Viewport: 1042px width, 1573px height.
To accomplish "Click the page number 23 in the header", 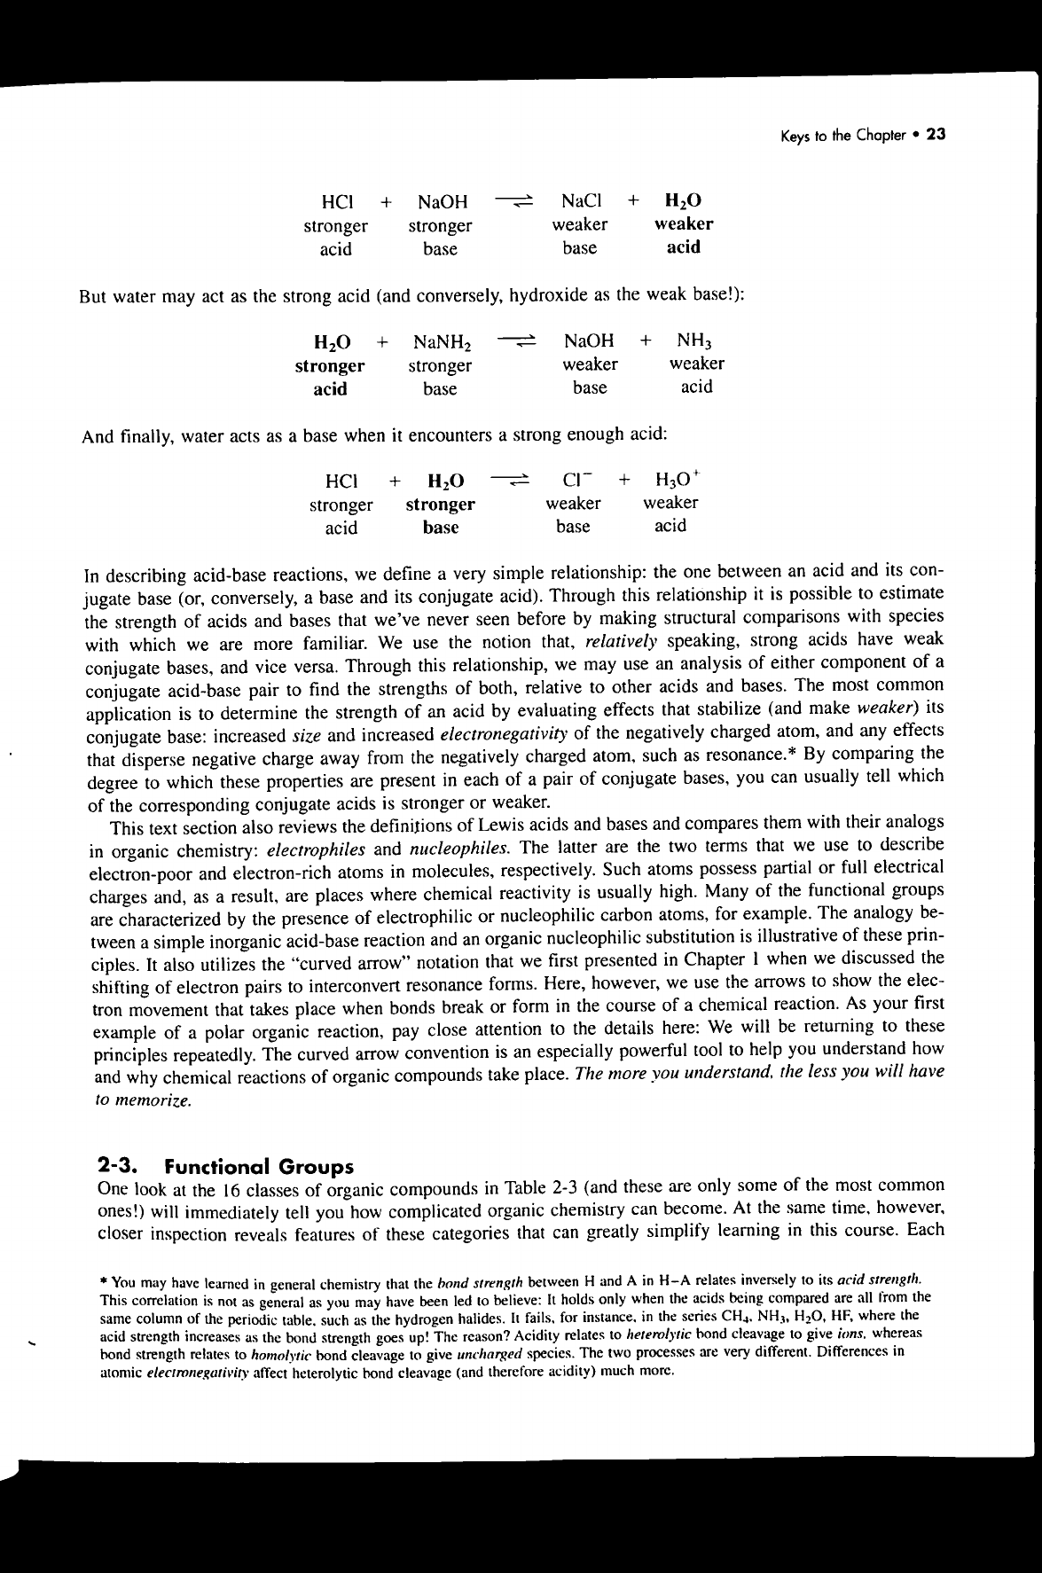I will point(936,136).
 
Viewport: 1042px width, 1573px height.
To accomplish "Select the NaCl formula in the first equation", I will point(582,200).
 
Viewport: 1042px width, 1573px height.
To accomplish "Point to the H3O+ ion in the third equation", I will point(677,481).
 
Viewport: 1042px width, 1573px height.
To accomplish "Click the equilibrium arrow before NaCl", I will point(513,200).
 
